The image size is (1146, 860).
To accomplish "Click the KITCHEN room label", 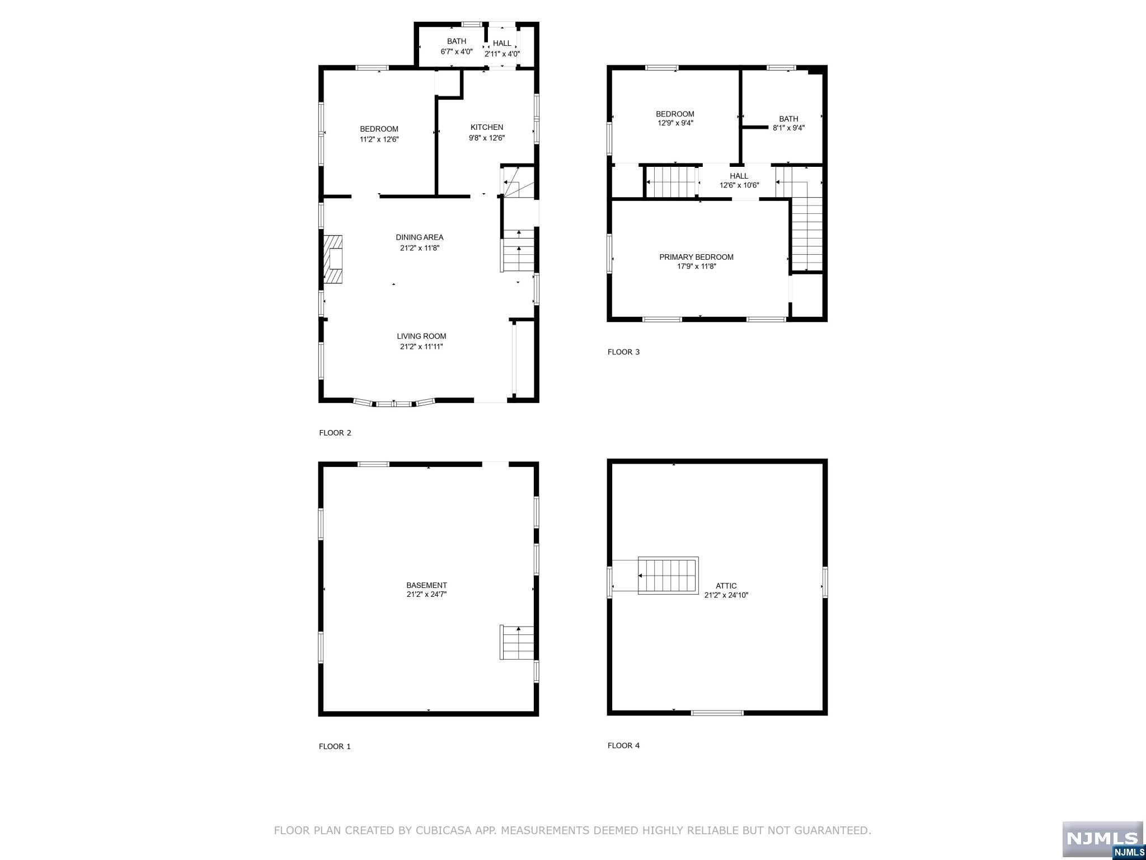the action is click(x=486, y=127).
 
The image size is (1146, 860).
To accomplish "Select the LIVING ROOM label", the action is click(x=421, y=336).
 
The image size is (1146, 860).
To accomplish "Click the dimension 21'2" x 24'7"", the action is click(x=426, y=595).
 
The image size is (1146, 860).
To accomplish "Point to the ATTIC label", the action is click(x=726, y=586).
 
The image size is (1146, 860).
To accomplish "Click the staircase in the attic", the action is click(x=668, y=576).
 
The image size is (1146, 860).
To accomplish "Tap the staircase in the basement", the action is click(x=517, y=642).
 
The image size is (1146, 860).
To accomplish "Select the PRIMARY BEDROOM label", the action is click(x=696, y=257).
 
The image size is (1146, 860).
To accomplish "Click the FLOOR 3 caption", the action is click(x=623, y=352).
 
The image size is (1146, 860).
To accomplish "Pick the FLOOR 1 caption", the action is click(x=335, y=746).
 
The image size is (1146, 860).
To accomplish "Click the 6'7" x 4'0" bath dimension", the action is click(x=457, y=52).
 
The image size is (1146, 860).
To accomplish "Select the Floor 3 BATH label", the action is click(x=788, y=119).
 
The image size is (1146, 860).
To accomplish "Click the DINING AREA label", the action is click(x=420, y=237).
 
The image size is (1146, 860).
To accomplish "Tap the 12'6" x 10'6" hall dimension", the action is click(x=739, y=185).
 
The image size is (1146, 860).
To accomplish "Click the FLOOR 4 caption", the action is click(x=623, y=745).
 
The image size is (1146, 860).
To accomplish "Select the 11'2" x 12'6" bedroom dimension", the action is click(x=379, y=139).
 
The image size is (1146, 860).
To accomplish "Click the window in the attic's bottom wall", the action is click(x=717, y=713).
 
